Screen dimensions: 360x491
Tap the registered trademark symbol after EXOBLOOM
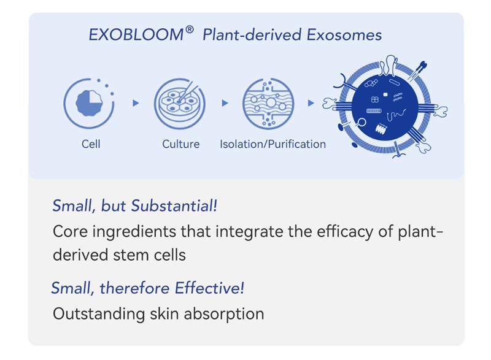coord(190,29)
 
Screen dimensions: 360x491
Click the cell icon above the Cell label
coord(90,103)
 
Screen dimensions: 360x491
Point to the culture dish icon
coord(179,103)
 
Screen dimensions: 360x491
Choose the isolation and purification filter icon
coord(268,103)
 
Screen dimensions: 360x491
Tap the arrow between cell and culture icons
coord(136,103)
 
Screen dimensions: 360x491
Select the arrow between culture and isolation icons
coord(225,103)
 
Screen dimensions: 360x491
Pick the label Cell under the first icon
coord(90,144)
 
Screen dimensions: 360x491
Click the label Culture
coord(180,144)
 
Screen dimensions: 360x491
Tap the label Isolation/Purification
coord(273,144)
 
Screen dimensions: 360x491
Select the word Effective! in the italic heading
coord(210,288)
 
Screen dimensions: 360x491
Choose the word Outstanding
coord(98,314)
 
